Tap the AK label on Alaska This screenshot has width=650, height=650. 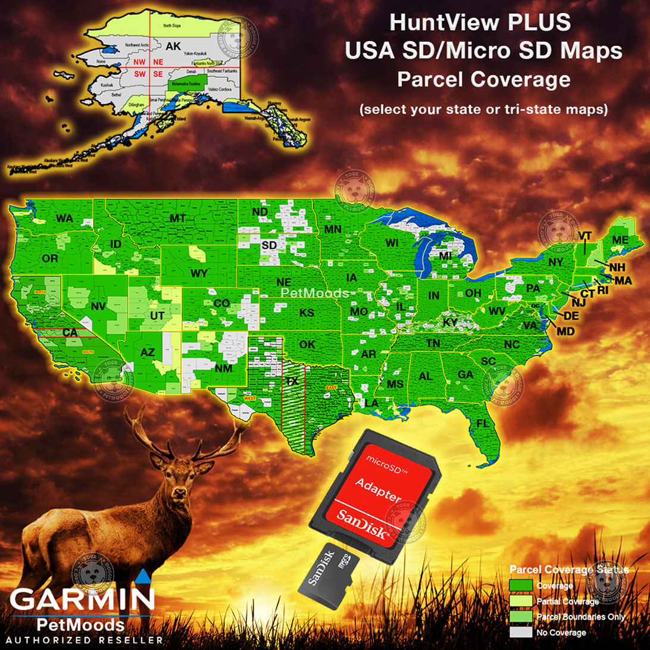point(173,46)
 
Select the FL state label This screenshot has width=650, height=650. point(483,424)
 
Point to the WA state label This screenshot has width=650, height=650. point(64,218)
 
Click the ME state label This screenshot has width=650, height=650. point(620,240)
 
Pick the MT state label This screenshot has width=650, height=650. point(177,218)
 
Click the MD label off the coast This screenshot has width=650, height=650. point(566,330)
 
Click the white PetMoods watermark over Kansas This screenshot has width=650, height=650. point(314,293)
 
